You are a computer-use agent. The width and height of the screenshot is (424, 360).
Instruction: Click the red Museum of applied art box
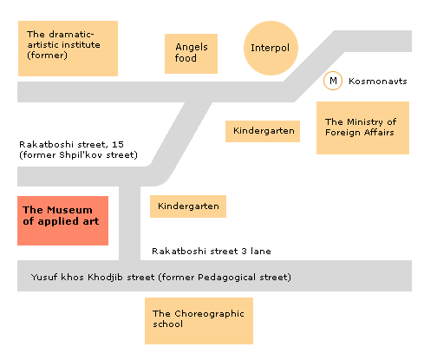tap(62, 220)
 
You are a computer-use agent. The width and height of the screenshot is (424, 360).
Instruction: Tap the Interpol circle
tap(271, 48)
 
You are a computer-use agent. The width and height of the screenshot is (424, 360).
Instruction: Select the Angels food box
tap(191, 54)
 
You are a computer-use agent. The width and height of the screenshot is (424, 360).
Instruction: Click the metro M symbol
tap(333, 81)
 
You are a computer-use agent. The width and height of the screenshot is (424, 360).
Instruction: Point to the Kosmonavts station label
tap(378, 82)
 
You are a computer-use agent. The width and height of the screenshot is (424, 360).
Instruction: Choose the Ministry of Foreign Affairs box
tap(362, 128)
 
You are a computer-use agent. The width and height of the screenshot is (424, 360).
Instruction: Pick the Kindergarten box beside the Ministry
tap(263, 131)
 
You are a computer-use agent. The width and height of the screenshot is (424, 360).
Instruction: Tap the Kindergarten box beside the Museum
tap(188, 206)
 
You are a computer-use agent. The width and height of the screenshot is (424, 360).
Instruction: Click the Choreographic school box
tap(199, 321)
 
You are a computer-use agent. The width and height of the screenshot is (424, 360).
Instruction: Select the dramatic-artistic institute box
tap(68, 49)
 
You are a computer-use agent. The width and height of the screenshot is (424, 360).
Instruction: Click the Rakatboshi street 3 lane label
tap(212, 251)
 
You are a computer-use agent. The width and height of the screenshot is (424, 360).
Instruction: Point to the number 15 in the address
tap(118, 144)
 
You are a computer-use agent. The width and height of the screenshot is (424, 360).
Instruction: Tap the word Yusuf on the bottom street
tap(44, 277)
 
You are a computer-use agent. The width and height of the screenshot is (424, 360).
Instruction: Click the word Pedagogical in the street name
tap(227, 278)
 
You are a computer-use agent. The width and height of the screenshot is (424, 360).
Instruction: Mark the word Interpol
tap(270, 48)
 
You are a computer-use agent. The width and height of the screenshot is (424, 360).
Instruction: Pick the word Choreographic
tap(209, 314)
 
